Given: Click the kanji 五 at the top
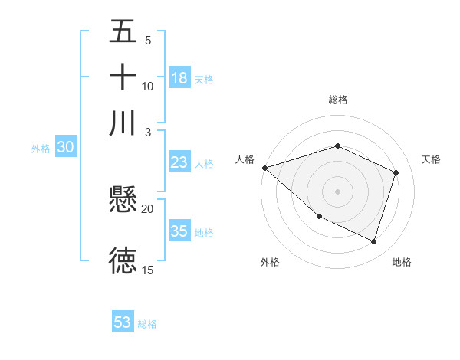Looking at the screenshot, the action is coord(123,32).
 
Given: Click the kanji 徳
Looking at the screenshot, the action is coord(123,260).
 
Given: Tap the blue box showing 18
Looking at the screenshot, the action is coord(179,78).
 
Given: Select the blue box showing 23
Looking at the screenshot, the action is coord(179,162).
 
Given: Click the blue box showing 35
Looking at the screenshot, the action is coord(179,231).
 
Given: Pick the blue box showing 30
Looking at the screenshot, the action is coord(65,148).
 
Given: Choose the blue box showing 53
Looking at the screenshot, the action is coord(123,322).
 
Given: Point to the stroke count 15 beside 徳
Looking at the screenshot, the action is coord(147,270).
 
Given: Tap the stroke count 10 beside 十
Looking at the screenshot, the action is coord(147,86).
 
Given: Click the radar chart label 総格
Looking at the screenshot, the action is coord(338,100).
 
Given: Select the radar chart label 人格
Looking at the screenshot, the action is coord(245,159).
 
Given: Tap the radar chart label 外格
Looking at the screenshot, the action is coord(270,262).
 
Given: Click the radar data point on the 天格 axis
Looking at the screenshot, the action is coord(396,172).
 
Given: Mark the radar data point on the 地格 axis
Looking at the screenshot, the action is coord(373,241).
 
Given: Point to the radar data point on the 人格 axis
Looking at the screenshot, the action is coord(264,168).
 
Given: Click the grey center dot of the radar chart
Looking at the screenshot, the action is coord(338,191).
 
